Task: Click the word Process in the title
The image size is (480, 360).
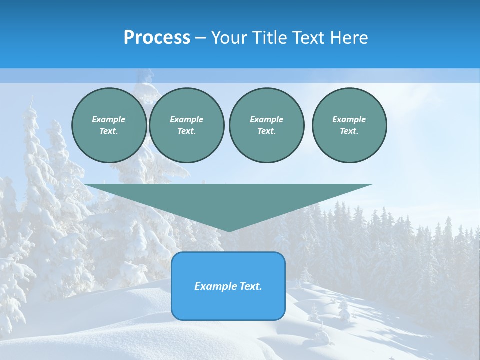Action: coord(157,38)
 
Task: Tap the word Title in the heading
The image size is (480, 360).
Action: coord(270,38)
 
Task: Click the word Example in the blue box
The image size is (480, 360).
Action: coord(213,286)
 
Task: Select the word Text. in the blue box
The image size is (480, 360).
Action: coord(251,286)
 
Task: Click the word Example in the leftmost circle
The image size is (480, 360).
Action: coord(109,119)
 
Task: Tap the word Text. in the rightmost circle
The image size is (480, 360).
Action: coord(349,131)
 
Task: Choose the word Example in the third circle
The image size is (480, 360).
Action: coord(266,119)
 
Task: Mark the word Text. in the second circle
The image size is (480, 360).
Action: coord(187,131)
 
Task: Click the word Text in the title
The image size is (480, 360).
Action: coord(308,38)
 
